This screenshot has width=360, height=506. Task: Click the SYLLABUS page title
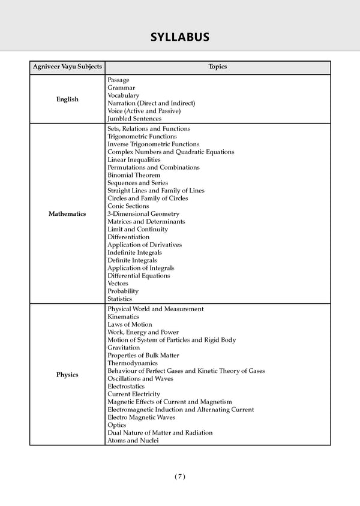coord(179,37)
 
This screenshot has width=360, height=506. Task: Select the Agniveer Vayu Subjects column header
coord(67,67)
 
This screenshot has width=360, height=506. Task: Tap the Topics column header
coord(217,67)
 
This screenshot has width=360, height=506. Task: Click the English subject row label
coord(67,100)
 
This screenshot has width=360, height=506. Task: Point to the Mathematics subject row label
coord(67,213)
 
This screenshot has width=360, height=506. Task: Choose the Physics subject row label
coord(67,375)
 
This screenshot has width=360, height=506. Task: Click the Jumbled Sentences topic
coord(134,119)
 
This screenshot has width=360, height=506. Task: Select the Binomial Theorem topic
coord(134,175)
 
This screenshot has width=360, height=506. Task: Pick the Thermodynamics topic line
coord(133,363)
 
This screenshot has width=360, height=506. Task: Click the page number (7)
coord(180,476)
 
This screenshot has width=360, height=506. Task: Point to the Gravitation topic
coord(124,347)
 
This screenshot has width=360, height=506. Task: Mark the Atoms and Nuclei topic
coord(133,440)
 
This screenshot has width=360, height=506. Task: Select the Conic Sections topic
coord(129,206)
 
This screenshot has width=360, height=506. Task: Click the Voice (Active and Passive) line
coord(144,111)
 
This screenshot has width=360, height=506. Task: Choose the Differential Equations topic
coord(139,276)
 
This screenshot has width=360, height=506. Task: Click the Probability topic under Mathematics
coord(123,291)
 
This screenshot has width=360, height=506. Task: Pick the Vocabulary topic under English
coord(123,95)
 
